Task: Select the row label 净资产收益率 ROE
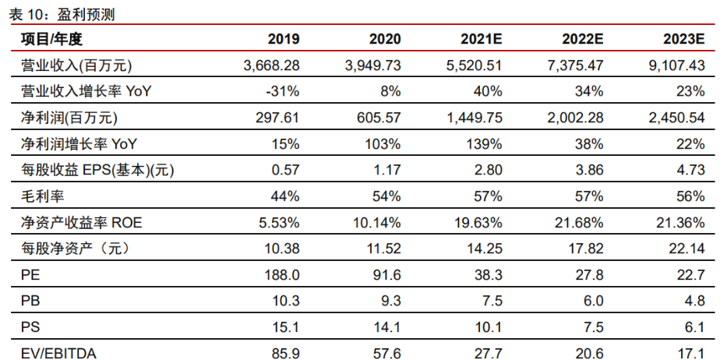70,223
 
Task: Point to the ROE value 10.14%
379,223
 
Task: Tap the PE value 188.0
283,275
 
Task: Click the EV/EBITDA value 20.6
591,353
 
